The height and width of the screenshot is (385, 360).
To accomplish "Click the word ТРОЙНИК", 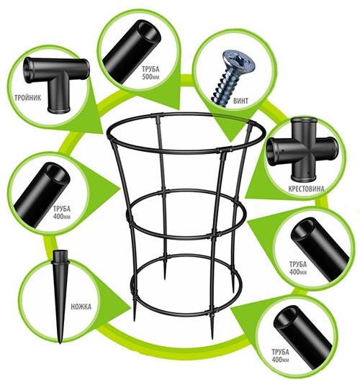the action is tap(28, 98).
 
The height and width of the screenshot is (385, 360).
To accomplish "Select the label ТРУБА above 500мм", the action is tap(150, 69).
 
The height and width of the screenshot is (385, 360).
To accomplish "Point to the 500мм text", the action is tap(150, 76).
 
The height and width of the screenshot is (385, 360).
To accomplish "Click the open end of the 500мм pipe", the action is tap(149, 33).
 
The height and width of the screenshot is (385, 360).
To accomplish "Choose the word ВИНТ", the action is tap(240, 101).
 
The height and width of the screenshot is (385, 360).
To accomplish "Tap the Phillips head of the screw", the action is tap(238, 61).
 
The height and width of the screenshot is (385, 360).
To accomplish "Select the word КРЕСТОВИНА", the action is tap(306, 189).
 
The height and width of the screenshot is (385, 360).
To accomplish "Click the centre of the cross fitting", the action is tap(303, 150).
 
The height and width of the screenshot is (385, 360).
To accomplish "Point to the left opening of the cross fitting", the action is tap(273, 150).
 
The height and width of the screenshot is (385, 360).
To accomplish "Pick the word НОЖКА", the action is tap(81, 307).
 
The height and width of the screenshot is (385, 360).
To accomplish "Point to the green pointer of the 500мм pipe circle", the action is tap(157, 98).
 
